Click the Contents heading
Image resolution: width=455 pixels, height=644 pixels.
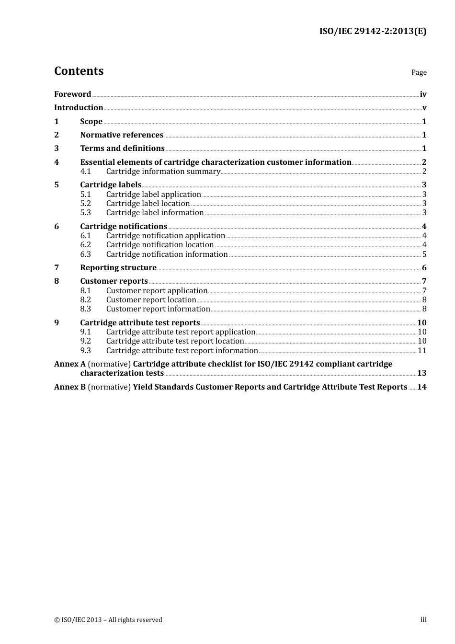(x=79, y=71)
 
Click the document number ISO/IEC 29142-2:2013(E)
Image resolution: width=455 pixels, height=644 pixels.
(x=373, y=31)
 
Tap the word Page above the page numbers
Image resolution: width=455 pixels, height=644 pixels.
(x=419, y=72)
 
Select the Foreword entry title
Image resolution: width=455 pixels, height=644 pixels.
(x=72, y=94)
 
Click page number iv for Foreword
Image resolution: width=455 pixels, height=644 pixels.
(x=423, y=94)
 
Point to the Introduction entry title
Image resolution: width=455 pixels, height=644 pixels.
(x=79, y=108)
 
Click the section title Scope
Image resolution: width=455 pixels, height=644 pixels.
(x=91, y=122)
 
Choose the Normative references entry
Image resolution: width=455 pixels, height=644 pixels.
(x=122, y=135)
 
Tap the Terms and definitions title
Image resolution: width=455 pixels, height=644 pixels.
(x=122, y=149)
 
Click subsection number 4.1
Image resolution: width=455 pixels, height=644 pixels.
(x=85, y=172)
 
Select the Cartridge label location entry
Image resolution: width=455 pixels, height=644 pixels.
(x=148, y=204)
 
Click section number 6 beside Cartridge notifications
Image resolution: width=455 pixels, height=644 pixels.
(x=57, y=227)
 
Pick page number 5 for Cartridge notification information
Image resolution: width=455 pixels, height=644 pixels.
(x=424, y=254)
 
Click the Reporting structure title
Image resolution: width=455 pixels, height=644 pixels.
(x=118, y=268)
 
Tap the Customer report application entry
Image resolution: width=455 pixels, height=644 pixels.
(x=157, y=291)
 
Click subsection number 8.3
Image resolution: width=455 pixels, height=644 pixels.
(x=85, y=309)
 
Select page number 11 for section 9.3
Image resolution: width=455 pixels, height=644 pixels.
(x=422, y=351)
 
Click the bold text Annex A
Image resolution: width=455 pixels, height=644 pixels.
(x=70, y=364)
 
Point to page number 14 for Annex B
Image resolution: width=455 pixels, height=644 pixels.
(x=421, y=387)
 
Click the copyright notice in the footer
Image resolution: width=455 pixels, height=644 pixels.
(x=108, y=620)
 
